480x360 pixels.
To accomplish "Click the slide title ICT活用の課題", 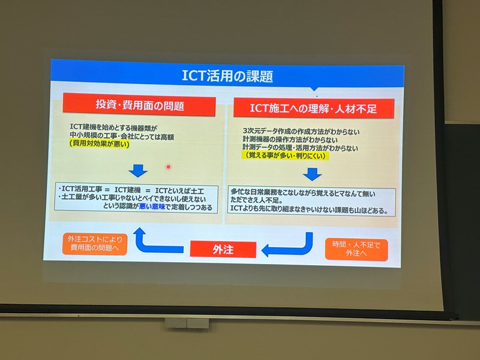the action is click(x=227, y=76).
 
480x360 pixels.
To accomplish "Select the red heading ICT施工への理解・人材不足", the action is click(x=313, y=108).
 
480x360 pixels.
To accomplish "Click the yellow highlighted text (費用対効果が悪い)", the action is click(x=100, y=143).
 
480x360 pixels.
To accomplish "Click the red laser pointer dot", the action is click(x=168, y=167).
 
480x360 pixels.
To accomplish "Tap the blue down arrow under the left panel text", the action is click(x=138, y=171).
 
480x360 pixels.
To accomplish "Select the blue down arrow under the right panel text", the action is click(x=312, y=174).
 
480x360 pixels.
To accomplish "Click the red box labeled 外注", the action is click(x=223, y=249).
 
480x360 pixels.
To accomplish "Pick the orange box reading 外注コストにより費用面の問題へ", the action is click(x=95, y=244).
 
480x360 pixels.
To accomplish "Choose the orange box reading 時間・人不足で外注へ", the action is click(x=356, y=249).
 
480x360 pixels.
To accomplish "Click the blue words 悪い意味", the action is click(x=152, y=206).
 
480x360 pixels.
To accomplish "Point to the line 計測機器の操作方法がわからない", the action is click(x=290, y=140).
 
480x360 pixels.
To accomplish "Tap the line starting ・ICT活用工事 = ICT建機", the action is click(x=131, y=190).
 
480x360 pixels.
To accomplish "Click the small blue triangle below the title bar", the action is click(x=314, y=89).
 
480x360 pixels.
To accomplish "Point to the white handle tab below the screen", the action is click(x=187, y=323).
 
